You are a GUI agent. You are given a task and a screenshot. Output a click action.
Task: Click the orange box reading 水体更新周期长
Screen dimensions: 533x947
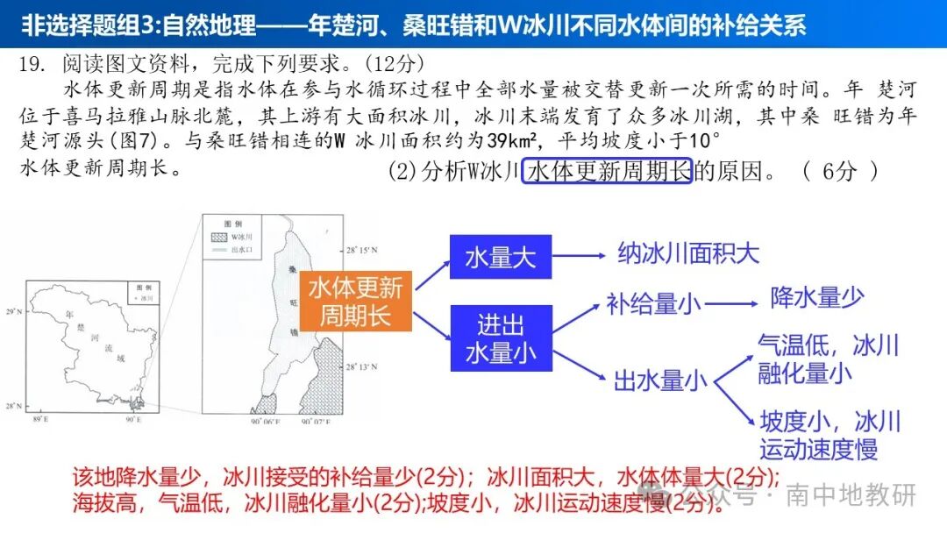tap(356, 301)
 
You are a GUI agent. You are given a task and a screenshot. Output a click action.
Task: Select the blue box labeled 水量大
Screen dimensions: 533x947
tap(501, 257)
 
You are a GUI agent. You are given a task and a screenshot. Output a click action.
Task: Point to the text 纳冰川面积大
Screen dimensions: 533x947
tap(688, 253)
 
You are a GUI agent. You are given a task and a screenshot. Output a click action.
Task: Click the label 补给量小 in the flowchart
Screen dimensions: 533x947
tap(653, 304)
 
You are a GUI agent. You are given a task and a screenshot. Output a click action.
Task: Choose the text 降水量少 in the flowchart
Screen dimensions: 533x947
tap(817, 297)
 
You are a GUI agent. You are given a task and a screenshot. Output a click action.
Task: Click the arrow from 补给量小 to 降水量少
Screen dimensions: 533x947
tap(731, 304)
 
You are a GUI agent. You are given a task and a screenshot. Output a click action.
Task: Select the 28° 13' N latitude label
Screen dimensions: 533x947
tap(360, 367)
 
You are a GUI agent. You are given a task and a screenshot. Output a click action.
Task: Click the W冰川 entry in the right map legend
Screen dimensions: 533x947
tap(240, 238)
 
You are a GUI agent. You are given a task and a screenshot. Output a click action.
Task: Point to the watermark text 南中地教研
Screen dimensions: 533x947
tap(851, 494)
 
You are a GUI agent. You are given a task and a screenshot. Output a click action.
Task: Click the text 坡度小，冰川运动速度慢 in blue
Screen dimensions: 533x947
tap(830, 435)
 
